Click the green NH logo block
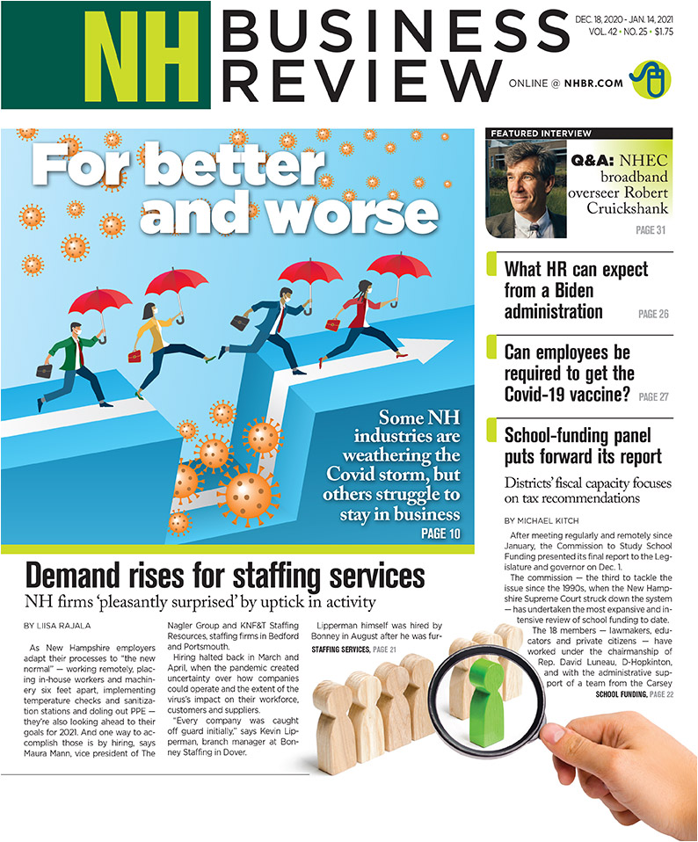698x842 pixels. tap(105, 54)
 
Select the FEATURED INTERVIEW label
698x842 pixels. tap(542, 134)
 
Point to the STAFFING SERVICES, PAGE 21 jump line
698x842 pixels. tap(354, 650)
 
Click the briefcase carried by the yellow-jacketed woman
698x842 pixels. tap(135, 356)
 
